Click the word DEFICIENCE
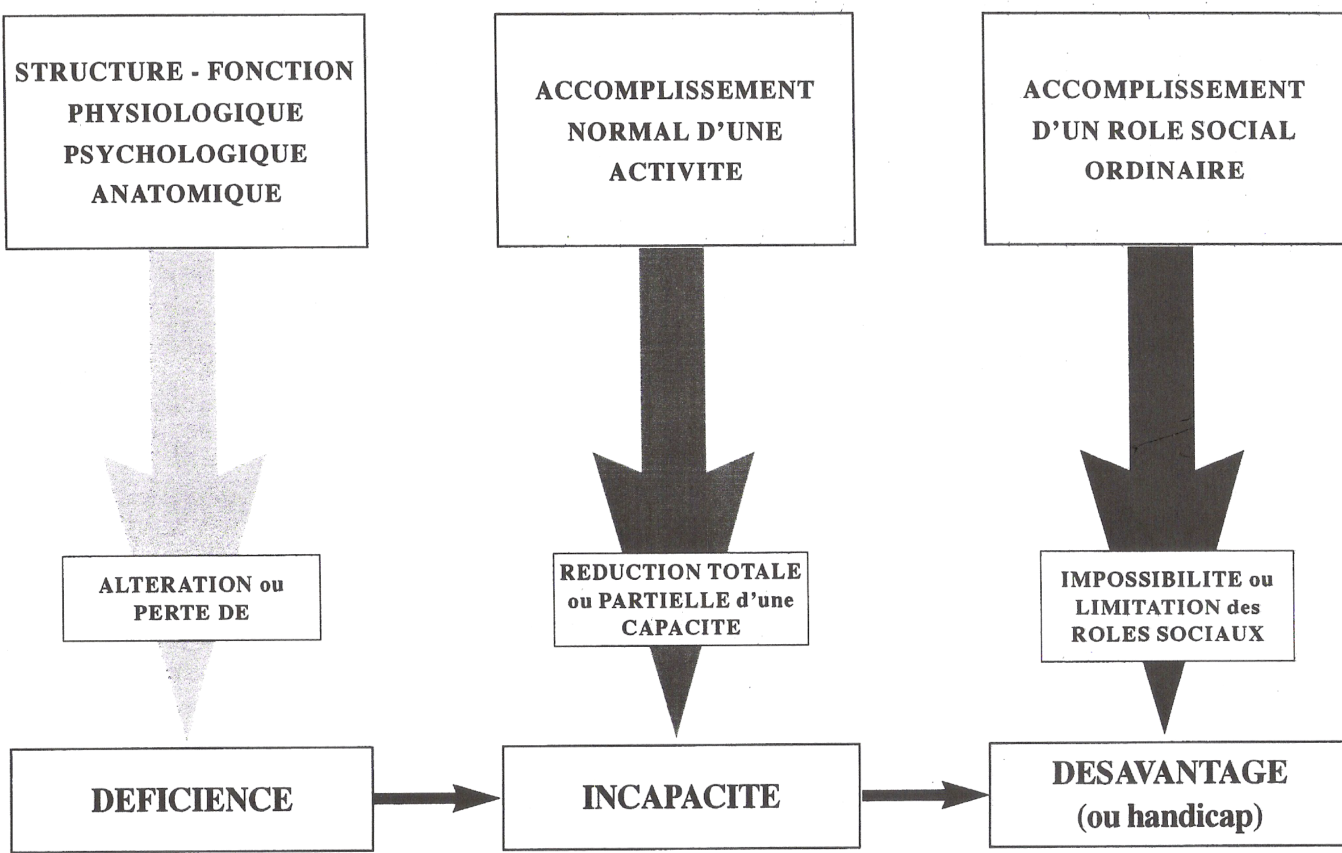click(x=192, y=799)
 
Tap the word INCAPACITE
click(x=681, y=797)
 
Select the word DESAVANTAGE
click(x=1170, y=772)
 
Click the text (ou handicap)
click(x=1170, y=816)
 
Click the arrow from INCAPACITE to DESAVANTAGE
click(x=924, y=795)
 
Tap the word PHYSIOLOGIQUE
click(x=185, y=113)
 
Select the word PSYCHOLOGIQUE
click(x=185, y=154)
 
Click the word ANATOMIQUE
click(x=187, y=194)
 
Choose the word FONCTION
click(x=281, y=71)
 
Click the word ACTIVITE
click(x=676, y=172)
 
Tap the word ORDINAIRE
click(x=1165, y=171)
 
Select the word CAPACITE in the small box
click(x=681, y=628)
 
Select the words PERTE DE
click(x=191, y=613)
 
